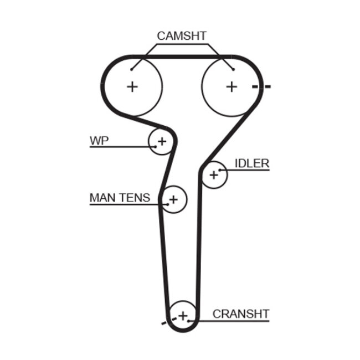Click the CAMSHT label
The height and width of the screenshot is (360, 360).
pos(181,36)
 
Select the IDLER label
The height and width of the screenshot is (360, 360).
pos(252,163)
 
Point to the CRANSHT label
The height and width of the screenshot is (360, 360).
pos(241,314)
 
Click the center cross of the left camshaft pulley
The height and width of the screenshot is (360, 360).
pos(132,86)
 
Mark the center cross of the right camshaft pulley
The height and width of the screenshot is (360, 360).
pos(232,86)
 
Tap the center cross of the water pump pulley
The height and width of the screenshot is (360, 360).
pos(162,142)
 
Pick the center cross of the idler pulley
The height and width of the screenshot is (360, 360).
pos(214,175)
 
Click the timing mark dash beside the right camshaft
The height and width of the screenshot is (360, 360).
pos(261,87)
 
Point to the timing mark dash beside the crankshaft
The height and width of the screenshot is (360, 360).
pos(164,322)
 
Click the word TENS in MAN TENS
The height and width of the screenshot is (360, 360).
pos(136,197)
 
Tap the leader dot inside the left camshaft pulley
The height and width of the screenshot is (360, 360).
pos(131,69)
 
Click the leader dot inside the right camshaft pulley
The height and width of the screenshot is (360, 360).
pos(233,69)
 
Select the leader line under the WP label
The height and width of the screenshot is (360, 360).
pos(119,147)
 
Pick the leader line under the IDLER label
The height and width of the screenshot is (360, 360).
pos(246,169)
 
